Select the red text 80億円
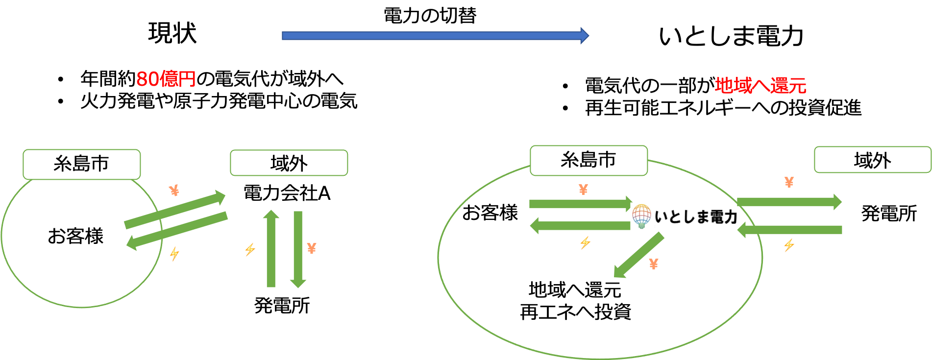tap(166, 79)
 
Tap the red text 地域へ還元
tap(760, 86)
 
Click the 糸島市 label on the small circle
tap(81, 164)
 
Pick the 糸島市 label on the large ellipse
tap(588, 160)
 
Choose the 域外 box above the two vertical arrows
tap(289, 163)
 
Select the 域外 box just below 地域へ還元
tap(872, 160)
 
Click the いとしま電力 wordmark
tap(696, 216)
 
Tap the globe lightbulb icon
tap(641, 216)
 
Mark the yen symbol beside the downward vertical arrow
tap(312, 248)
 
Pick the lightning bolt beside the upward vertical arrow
tap(250, 249)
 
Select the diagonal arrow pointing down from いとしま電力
tap(639, 255)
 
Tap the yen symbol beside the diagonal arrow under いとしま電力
tap(653, 264)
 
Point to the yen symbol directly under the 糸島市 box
tap(583, 190)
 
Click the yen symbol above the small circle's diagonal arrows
tap(174, 190)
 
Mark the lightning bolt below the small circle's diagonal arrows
tap(174, 254)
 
